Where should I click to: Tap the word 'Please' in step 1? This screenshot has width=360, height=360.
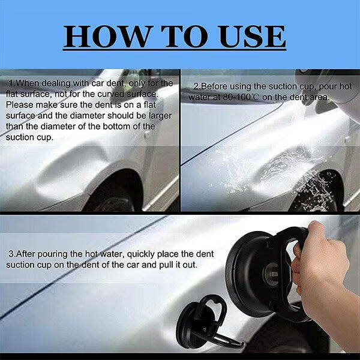tap(19, 104)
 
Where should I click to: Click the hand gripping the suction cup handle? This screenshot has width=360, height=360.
tap(318, 264)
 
